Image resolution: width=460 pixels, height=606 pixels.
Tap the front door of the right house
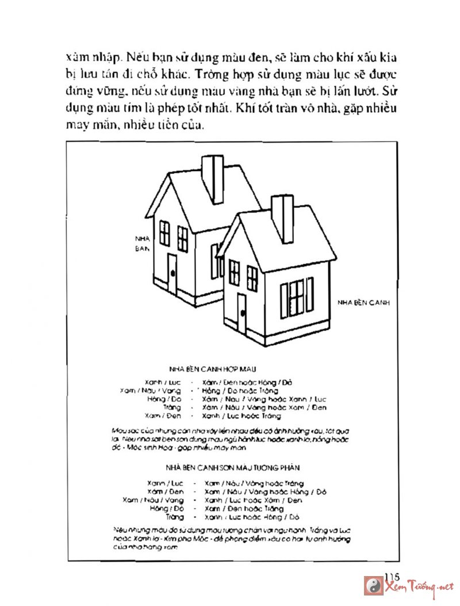coord(241,314)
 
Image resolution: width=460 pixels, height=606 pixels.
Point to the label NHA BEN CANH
coord(363,302)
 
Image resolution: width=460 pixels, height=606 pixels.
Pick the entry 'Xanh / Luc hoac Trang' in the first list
coord(242,416)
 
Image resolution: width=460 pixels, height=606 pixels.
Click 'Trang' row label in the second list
coord(174,517)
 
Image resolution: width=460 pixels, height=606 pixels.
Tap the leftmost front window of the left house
coord(164,233)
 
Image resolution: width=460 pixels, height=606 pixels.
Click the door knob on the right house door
coord(243,314)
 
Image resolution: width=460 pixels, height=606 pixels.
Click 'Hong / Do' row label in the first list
coord(164,398)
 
